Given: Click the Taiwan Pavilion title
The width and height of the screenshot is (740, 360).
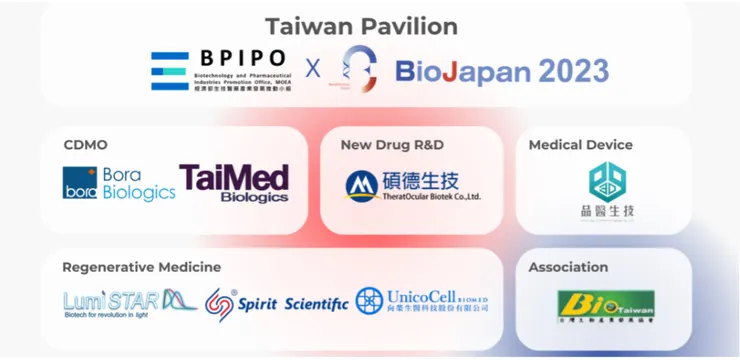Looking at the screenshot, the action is tap(361, 26).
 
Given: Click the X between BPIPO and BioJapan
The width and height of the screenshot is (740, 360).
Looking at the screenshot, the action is tap(313, 68).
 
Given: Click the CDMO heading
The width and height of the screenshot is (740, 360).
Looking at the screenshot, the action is tap(85, 145).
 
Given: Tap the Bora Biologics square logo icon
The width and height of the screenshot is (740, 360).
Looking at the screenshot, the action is tap(80, 183).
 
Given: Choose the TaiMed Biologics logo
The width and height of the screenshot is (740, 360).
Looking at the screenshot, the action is tap(234, 182).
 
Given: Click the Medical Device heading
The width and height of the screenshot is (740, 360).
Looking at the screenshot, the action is tap(580, 145).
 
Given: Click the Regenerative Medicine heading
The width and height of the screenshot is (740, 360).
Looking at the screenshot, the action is tap(141, 267).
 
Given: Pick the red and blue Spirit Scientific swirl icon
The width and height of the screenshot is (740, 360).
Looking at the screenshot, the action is tap(220, 302).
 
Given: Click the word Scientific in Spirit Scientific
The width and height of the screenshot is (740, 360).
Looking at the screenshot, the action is tap(317, 303).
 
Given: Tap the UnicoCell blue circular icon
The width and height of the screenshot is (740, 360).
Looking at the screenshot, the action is tap(370, 301).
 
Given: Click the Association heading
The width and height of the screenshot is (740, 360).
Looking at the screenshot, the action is tap(568, 267).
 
